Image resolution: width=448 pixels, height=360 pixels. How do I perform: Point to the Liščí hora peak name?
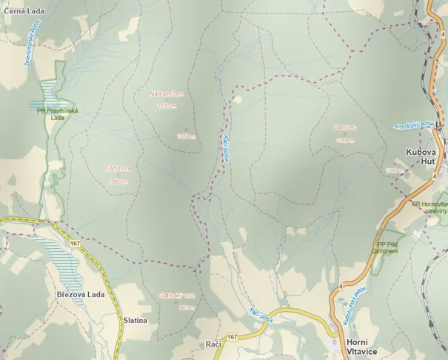pyautogui.click(x=118, y=170)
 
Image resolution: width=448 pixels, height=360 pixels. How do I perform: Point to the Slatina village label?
pyautogui.click(x=136, y=321)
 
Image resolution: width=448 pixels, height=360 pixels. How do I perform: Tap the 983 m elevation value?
pyautogui.click(x=187, y=307)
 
